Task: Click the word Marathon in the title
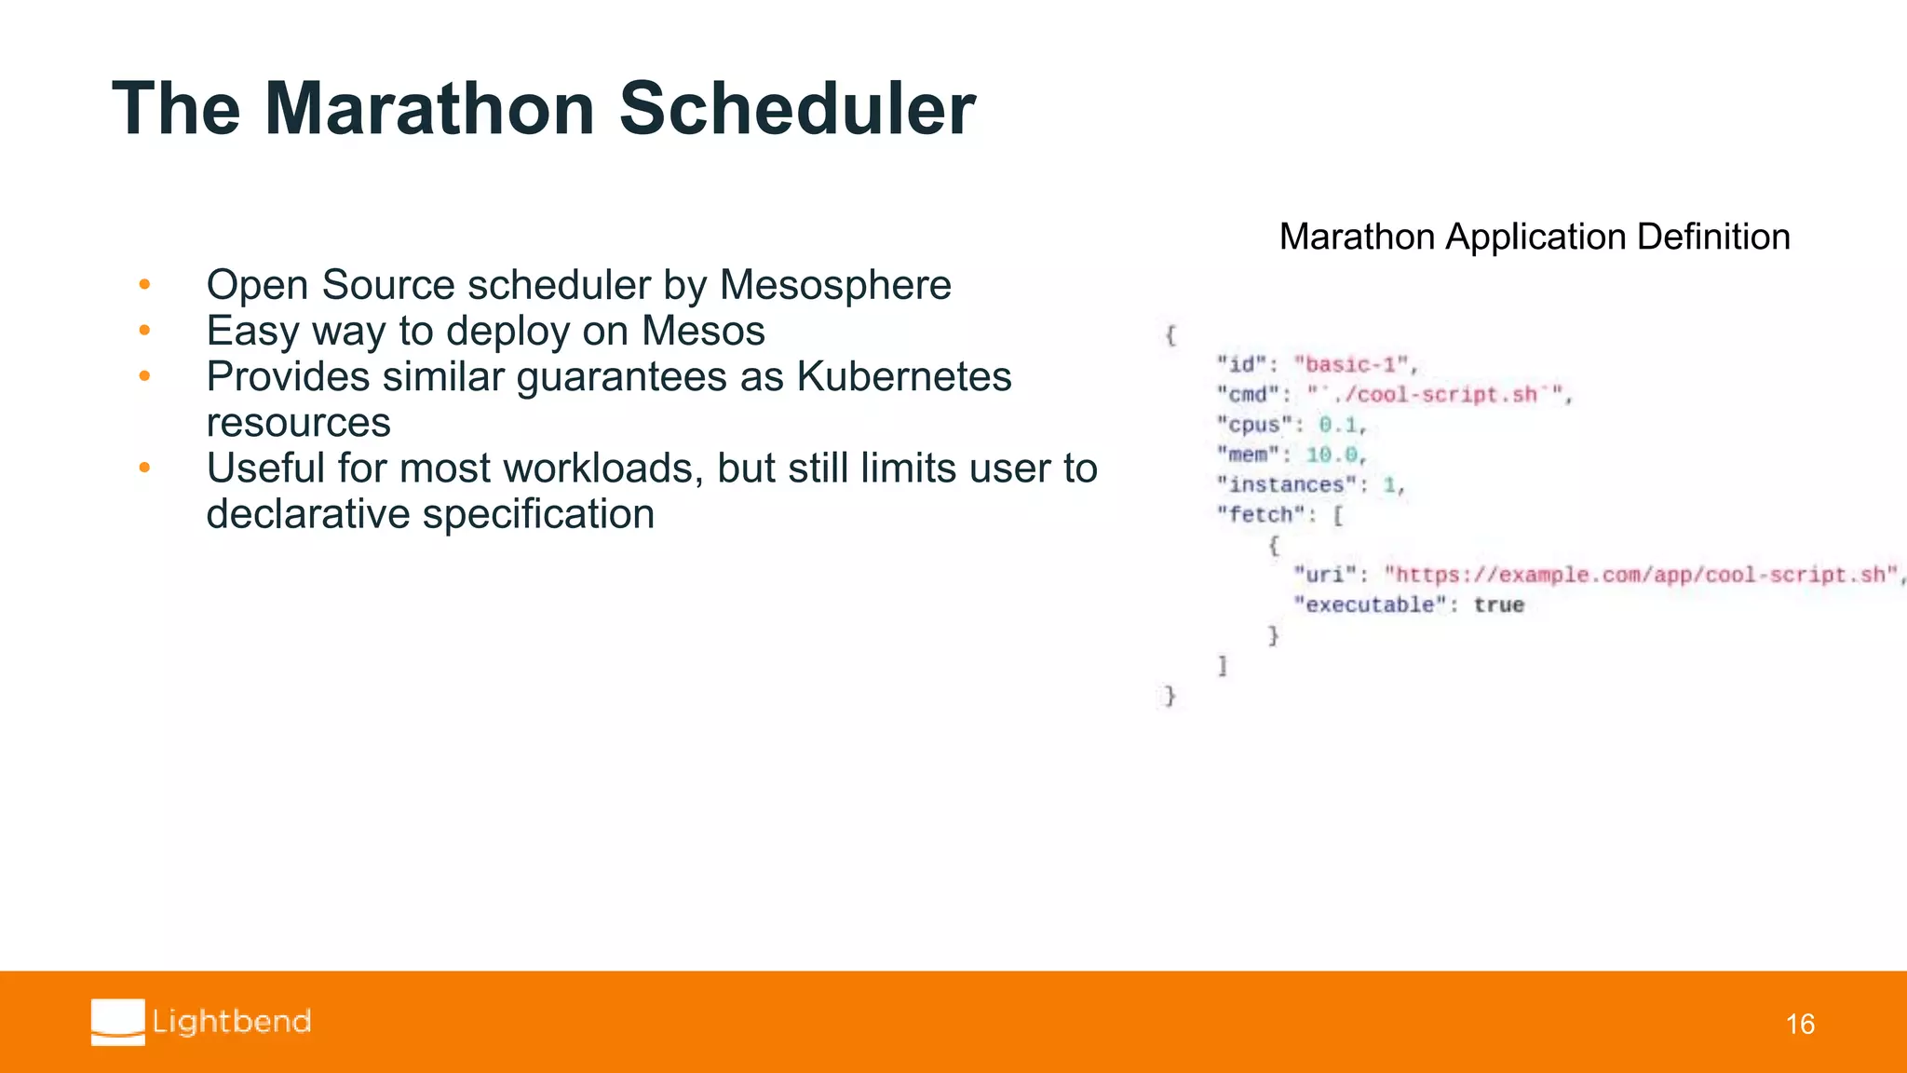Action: pyautogui.click(x=429, y=109)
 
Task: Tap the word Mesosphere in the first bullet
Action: pyautogui.click(x=835, y=285)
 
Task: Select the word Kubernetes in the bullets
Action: pyautogui.click(x=903, y=377)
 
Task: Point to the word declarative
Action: pyautogui.click(x=308, y=514)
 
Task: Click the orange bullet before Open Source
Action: pyautogui.click(x=144, y=284)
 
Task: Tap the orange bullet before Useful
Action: pyautogui.click(x=144, y=468)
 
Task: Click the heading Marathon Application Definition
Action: pyautogui.click(x=1534, y=237)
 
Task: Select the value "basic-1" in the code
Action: pyautogui.click(x=1353, y=364)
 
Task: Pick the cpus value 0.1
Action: pyautogui.click(x=1338, y=425)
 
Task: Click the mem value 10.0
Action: pyautogui.click(x=1332, y=455)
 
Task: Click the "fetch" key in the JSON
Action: pyautogui.click(x=1260, y=514)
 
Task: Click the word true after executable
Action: pyautogui.click(x=1498, y=604)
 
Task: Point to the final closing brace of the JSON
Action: pyautogui.click(x=1170, y=695)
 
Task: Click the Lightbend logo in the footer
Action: pyautogui.click(x=201, y=1022)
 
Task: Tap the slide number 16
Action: pyautogui.click(x=1799, y=1025)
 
